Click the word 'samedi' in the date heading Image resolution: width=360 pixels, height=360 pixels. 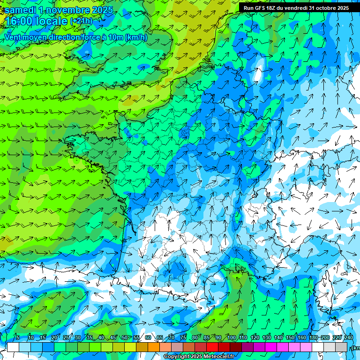(21, 10)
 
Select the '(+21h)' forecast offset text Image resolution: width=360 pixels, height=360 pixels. (81, 21)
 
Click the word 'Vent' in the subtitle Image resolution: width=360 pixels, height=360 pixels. (14, 37)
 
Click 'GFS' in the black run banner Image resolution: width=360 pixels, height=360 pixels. (263, 8)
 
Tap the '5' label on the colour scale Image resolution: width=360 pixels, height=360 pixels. (17, 337)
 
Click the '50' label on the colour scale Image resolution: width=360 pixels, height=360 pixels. (124, 337)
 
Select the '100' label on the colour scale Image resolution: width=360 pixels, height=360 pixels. (231, 337)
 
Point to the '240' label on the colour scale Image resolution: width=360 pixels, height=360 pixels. (348, 337)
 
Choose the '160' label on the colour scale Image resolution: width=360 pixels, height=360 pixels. (301, 337)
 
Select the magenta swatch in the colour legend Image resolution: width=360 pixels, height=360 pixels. (271, 347)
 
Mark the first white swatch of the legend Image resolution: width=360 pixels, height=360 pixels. (13, 347)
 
